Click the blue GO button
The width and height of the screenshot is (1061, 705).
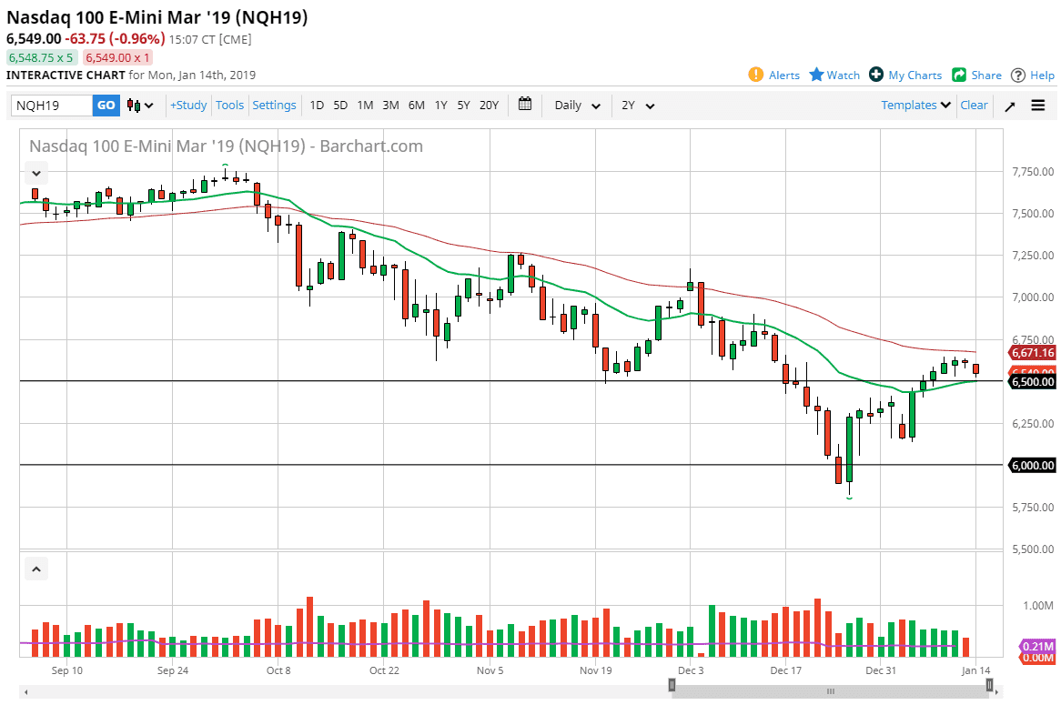click(106, 106)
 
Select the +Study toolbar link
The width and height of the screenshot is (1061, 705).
click(188, 106)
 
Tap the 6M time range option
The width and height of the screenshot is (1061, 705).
click(416, 106)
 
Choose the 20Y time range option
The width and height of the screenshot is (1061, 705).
click(489, 106)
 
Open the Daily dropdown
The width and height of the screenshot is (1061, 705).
click(578, 106)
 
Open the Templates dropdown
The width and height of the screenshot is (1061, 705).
click(915, 106)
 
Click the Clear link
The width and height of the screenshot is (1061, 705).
click(974, 106)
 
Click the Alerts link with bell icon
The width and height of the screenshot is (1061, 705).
click(774, 76)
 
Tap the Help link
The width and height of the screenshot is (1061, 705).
click(1033, 76)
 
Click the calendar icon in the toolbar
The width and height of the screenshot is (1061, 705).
click(525, 105)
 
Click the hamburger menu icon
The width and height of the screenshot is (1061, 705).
click(1038, 106)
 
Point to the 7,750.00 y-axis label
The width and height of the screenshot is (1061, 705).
click(1032, 172)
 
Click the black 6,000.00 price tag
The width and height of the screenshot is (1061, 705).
click(1032, 466)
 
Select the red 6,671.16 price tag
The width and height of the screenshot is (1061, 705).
click(1032, 353)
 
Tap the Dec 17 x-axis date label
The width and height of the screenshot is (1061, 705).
click(784, 671)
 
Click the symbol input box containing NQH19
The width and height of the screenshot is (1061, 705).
click(52, 106)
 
